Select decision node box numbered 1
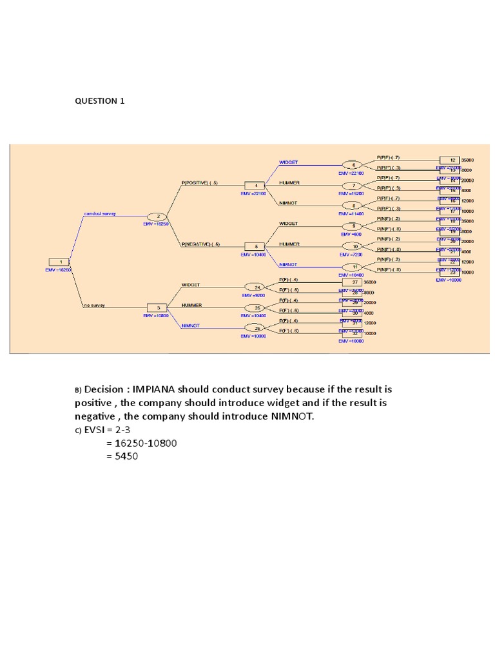point(59,262)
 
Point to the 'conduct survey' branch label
point(100,213)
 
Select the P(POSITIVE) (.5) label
point(200,182)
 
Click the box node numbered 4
point(255,185)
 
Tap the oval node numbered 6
point(353,165)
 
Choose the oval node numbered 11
point(353,267)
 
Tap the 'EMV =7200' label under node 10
point(352,255)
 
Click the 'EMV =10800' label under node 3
point(157,316)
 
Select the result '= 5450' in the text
point(122,456)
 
